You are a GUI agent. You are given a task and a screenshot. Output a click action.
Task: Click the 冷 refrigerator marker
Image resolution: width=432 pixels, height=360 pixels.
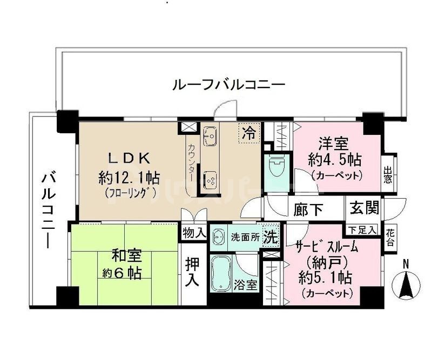[249, 132]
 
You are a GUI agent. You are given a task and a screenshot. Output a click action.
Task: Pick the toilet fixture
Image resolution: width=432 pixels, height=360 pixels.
[276, 165]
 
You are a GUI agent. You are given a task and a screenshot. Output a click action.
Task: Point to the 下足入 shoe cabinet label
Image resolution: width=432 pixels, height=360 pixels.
[363, 230]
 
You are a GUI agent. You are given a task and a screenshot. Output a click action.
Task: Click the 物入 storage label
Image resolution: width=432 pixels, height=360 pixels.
[194, 234]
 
